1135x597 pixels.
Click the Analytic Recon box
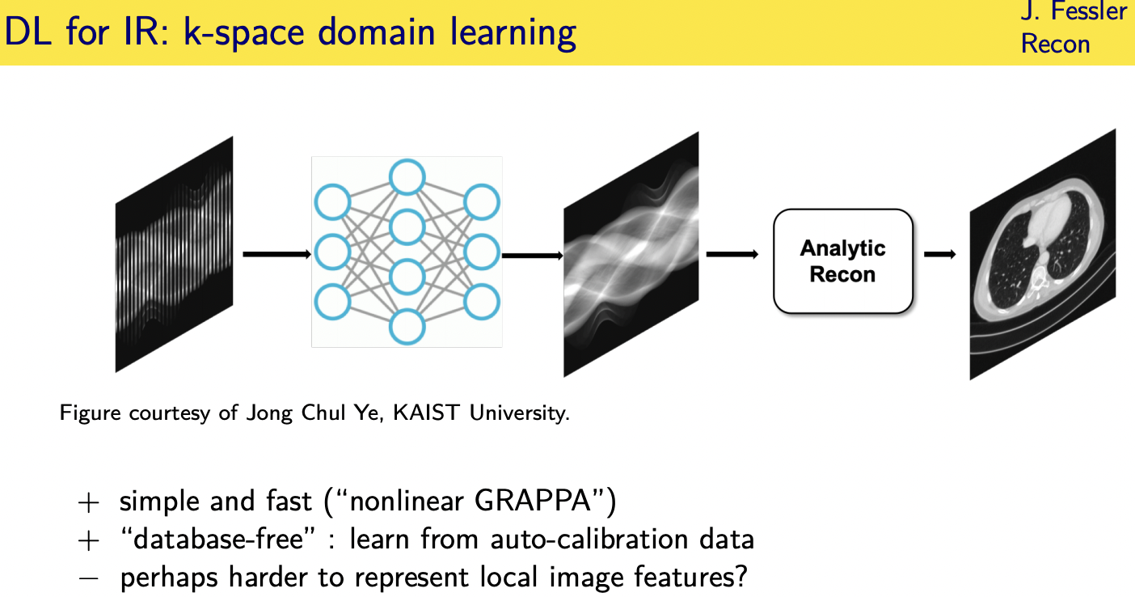[842, 261]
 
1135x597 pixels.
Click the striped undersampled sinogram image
[174, 254]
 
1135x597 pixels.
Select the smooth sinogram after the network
[631, 254]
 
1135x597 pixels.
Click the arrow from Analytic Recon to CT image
[939, 255]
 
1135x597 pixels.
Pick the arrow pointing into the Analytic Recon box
[732, 255]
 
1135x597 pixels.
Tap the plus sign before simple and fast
[87, 502]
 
